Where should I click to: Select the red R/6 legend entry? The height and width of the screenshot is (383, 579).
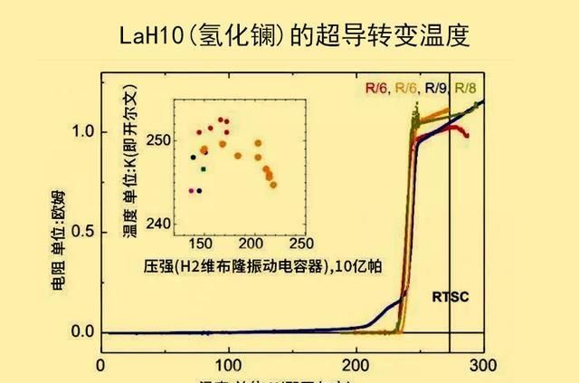click(377, 89)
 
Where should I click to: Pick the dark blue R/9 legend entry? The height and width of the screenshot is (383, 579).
click(436, 89)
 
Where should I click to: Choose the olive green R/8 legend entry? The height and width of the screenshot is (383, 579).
click(465, 89)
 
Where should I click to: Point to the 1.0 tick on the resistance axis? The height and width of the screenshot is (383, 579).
click(83, 131)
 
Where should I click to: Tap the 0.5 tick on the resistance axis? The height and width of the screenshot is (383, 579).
click(83, 231)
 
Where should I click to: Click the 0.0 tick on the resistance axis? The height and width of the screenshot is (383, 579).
click(83, 331)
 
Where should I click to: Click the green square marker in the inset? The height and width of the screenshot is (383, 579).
click(204, 169)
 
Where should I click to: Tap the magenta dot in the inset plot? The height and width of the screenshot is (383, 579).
click(191, 191)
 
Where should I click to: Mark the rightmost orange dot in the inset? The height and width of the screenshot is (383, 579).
click(273, 185)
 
